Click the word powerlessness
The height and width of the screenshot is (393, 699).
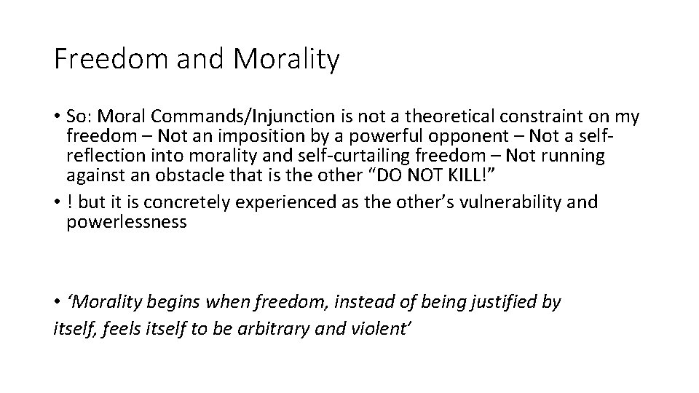coord(127,222)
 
